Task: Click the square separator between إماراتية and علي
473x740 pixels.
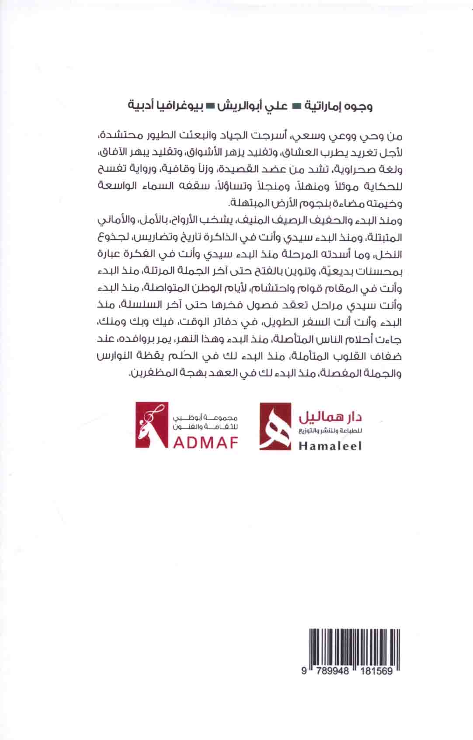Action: click(293, 106)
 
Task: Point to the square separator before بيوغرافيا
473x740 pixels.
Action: click(210, 106)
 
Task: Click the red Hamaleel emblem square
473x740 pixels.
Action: click(275, 426)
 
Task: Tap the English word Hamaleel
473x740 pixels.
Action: click(330, 446)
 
